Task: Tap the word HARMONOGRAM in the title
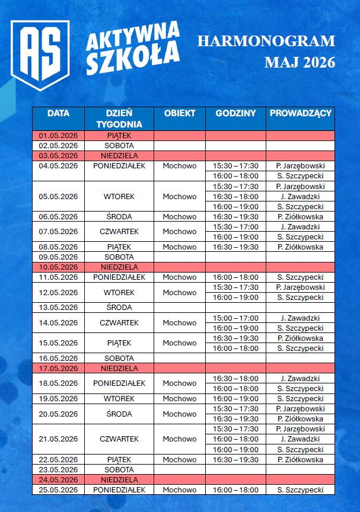(x=266, y=41)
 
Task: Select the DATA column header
(x=58, y=113)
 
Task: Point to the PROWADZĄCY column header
(x=300, y=113)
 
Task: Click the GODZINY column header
(x=235, y=113)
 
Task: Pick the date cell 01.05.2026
(x=58, y=135)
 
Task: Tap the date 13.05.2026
(x=58, y=308)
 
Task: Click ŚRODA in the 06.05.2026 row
(x=119, y=217)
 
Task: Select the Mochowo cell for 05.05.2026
(x=180, y=196)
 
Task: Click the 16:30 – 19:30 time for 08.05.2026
(x=235, y=247)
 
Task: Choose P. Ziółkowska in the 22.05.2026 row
(x=300, y=460)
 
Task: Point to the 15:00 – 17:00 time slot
(x=235, y=318)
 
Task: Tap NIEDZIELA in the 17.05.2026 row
(x=119, y=368)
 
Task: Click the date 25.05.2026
(x=58, y=490)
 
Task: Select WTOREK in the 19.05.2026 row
(x=119, y=399)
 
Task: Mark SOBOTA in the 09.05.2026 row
(x=119, y=257)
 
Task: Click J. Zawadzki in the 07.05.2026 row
(x=300, y=226)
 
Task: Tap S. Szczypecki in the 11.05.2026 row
(x=300, y=277)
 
